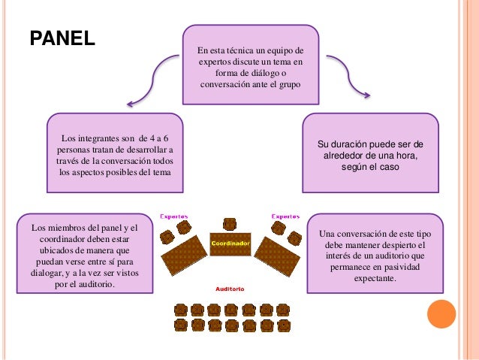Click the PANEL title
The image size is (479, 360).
pyautogui.click(x=62, y=38)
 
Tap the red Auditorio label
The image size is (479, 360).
pyautogui.click(x=228, y=289)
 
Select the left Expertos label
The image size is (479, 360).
pyautogui.click(x=174, y=216)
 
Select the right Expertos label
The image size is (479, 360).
pyautogui.click(x=285, y=216)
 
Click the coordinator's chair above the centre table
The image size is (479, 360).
pyautogui.click(x=230, y=223)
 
